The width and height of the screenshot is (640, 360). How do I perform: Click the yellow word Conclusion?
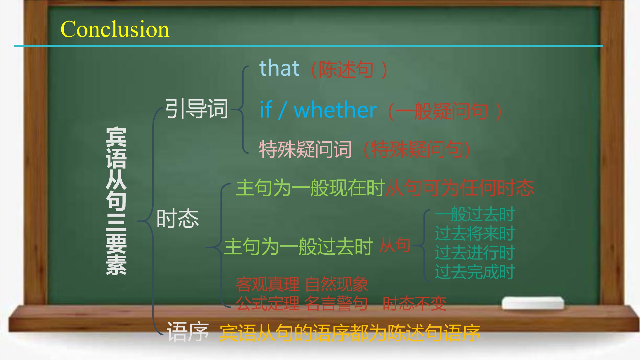coord(115,29)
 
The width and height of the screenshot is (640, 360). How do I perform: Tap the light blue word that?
coord(279,68)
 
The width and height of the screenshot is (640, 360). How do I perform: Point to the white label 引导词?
coord(197,109)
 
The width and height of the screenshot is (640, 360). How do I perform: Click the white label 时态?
coord(178,218)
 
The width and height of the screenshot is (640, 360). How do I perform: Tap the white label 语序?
coord(187,332)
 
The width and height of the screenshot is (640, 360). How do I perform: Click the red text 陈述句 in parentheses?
coord(346,69)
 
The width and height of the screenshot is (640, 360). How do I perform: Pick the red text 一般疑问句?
coord(442,111)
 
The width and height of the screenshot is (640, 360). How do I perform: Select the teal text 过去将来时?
coord(475,233)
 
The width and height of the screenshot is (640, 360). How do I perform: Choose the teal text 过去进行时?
coord(475,253)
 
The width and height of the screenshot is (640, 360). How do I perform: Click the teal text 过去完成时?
coord(475,272)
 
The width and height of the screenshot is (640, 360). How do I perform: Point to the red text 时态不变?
coord(415,303)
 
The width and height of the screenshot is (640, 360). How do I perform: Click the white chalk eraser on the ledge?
coord(533,303)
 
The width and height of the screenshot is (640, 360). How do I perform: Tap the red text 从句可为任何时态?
coord(460,188)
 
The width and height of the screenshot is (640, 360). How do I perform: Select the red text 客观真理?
coord(268,284)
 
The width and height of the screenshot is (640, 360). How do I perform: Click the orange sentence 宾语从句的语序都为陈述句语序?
coord(350,333)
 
